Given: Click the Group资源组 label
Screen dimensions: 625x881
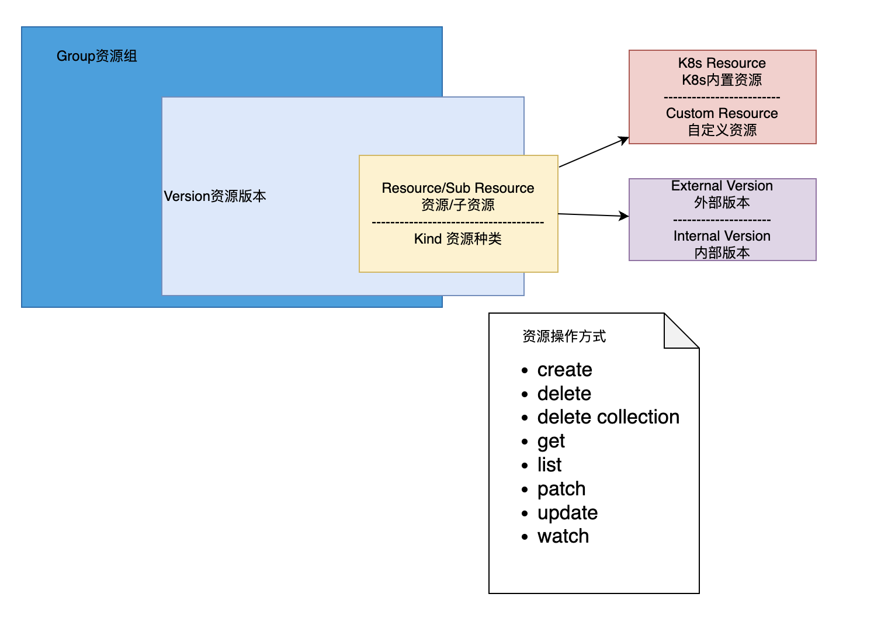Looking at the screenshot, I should (97, 56).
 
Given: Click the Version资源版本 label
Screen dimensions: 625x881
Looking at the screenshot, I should (215, 196).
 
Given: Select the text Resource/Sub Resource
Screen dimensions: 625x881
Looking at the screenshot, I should (458, 188).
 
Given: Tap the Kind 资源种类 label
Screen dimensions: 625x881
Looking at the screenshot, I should (458, 239).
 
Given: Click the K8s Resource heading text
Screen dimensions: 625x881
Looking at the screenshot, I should (722, 63).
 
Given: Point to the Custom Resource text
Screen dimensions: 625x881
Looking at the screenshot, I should (722, 113).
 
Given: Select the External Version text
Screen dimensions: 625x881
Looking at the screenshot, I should (722, 186).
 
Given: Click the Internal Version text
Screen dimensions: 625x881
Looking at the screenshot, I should (722, 236).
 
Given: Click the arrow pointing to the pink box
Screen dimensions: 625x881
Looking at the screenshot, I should (594, 152).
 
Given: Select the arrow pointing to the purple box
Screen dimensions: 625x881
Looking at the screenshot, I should (594, 215).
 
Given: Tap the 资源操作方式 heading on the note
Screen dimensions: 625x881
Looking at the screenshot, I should (564, 336).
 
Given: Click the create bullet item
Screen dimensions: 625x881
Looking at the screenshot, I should (565, 370).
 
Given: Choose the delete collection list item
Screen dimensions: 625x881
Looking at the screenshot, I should (608, 417).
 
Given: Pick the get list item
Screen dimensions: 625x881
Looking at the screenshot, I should (551, 441).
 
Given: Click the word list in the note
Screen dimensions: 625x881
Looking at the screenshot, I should (549, 465).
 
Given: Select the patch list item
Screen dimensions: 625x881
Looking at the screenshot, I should (561, 489).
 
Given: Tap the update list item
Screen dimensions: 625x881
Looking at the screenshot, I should (567, 513).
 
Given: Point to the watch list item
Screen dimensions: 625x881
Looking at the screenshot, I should (563, 536).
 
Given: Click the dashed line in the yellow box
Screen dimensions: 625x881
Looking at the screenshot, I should (458, 223).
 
